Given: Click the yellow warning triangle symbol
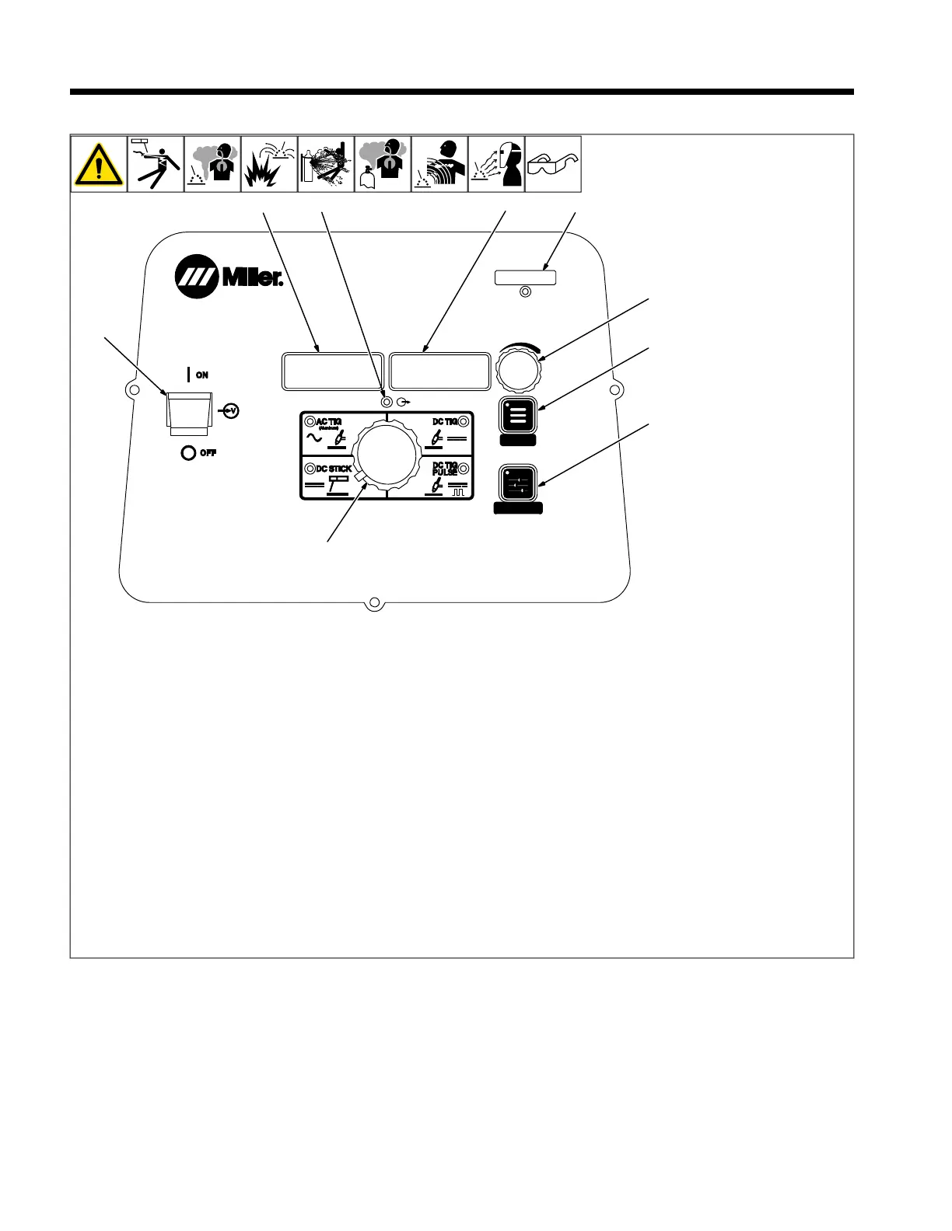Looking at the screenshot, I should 99,165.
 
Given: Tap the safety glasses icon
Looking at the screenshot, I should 553,165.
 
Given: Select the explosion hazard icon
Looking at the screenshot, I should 268,165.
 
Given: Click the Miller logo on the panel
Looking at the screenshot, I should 229,277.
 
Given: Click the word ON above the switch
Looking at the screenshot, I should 201,375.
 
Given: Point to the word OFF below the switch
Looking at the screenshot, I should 208,453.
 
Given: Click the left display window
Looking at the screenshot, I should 331,371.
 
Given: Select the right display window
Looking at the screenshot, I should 439,371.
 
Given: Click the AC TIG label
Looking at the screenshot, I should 328,422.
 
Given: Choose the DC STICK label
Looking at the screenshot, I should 334,469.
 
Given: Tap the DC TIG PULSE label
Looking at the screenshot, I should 445,469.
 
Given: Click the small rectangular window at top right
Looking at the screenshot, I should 525,277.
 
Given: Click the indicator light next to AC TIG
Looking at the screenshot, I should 310,422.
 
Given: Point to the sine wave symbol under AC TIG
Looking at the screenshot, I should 315,438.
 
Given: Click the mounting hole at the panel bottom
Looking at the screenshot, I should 374,603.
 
